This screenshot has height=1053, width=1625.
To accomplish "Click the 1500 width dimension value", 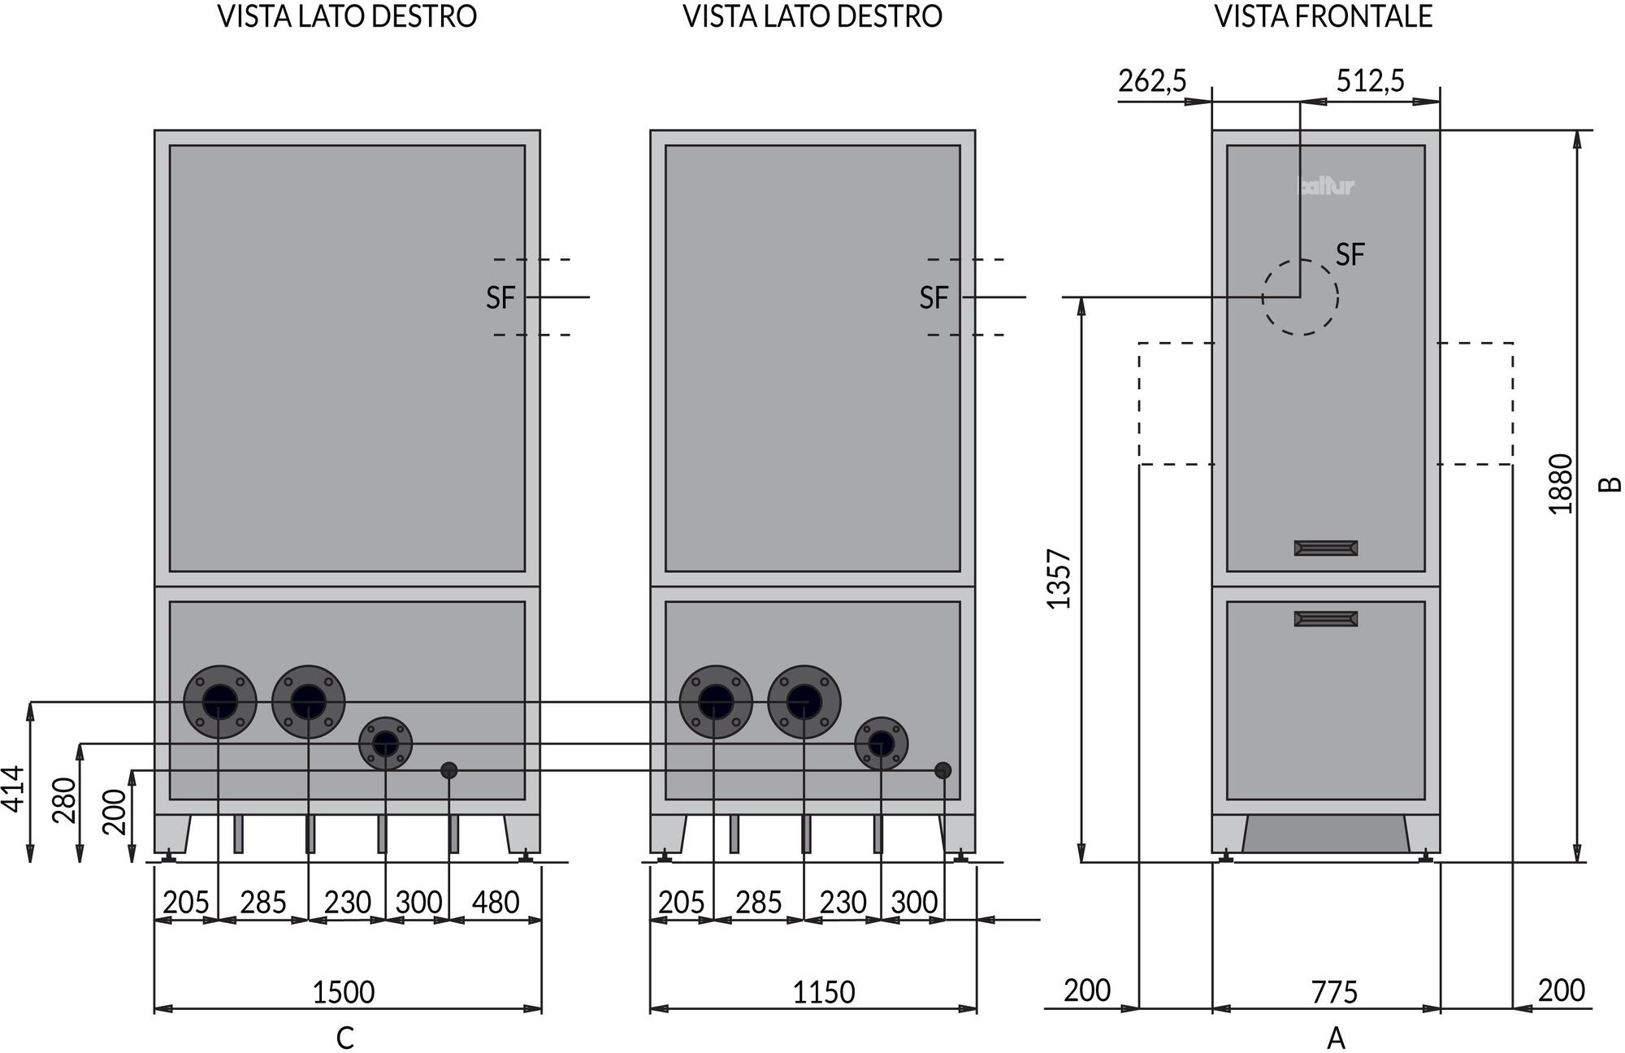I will (x=344, y=992).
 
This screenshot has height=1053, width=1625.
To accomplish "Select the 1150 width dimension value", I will (x=824, y=992).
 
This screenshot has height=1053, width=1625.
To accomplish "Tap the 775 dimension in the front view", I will (x=1334, y=992).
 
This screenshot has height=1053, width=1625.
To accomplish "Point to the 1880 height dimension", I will (x=1561, y=483).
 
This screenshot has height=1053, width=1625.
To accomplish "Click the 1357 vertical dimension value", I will (x=1059, y=579).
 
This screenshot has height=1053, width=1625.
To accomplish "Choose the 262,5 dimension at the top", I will (x=1152, y=81).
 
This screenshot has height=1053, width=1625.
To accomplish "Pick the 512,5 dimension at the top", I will (x=1370, y=81).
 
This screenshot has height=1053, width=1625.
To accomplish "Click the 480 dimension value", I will (x=496, y=902).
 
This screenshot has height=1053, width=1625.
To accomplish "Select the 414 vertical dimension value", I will (x=14, y=788).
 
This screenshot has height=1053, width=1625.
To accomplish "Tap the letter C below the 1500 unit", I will (x=344, y=1038).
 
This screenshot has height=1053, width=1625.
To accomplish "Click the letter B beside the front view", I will (x=1610, y=484).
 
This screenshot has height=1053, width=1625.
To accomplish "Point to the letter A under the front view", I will (x=1336, y=1038).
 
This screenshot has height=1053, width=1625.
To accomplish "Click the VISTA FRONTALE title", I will (x=1323, y=17).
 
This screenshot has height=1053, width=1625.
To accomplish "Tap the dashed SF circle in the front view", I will (x=1300, y=297).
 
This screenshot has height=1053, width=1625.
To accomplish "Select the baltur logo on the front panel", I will (x=1326, y=187).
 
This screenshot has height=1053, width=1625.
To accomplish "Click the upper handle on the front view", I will (x=1325, y=548).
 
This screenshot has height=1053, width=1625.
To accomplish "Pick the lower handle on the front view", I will (x=1325, y=619).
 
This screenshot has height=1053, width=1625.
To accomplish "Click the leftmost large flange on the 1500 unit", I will (x=220, y=702).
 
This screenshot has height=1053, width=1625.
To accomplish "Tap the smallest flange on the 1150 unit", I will (x=881, y=743).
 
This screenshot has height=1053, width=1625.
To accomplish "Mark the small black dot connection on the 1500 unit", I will (x=448, y=770).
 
